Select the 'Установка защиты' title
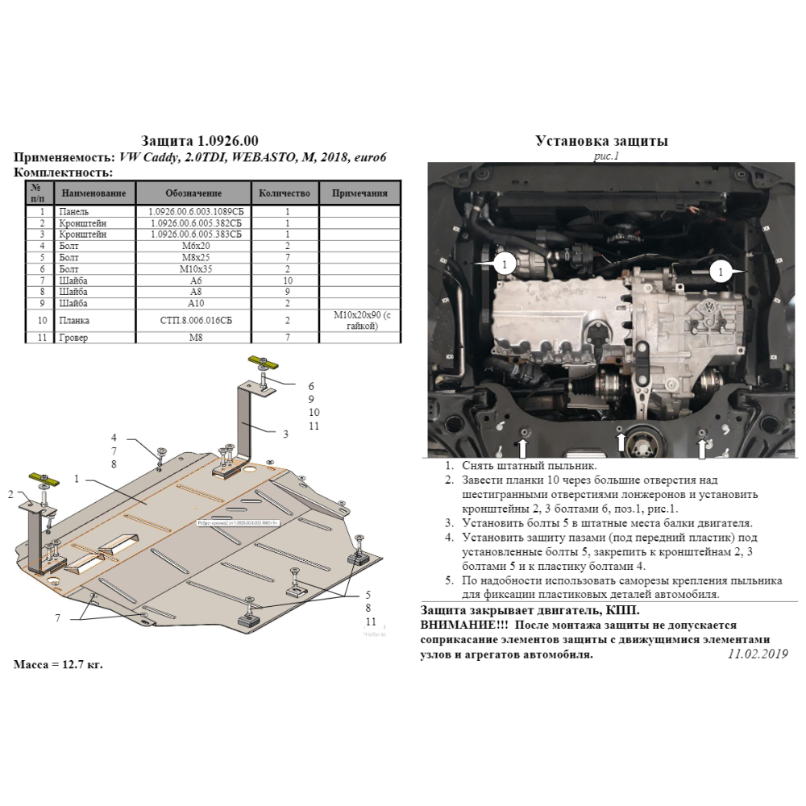click(601, 140)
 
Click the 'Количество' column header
click(284, 193)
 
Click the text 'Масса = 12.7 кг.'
click(59, 665)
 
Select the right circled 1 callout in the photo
click(720, 273)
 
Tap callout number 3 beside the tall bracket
click(285, 434)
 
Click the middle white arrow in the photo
click(620, 441)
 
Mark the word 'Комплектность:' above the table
click(64, 172)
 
